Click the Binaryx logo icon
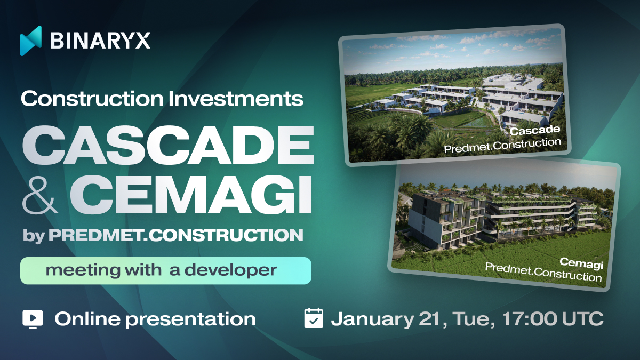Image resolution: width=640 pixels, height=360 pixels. click(31, 41)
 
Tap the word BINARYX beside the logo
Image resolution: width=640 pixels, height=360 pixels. click(100, 41)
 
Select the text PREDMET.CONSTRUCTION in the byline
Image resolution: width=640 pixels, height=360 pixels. click(175, 236)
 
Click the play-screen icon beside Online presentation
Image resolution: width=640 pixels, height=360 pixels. click(33, 319)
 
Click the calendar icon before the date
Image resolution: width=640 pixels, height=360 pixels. click(314, 318)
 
